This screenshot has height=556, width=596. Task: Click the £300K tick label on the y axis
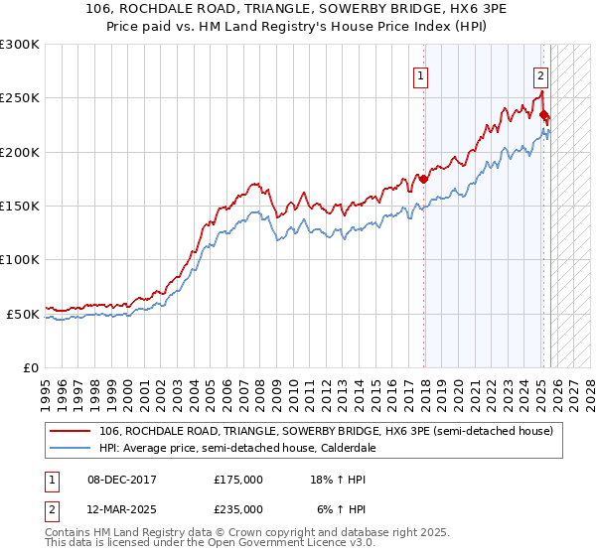tap(20, 45)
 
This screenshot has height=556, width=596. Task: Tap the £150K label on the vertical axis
tap(20, 207)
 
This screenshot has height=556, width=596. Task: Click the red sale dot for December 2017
tap(424, 180)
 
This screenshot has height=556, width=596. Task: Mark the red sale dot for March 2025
tap(544, 115)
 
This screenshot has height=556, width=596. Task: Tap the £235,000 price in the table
tap(238, 508)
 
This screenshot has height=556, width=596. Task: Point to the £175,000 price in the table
tap(238, 479)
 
